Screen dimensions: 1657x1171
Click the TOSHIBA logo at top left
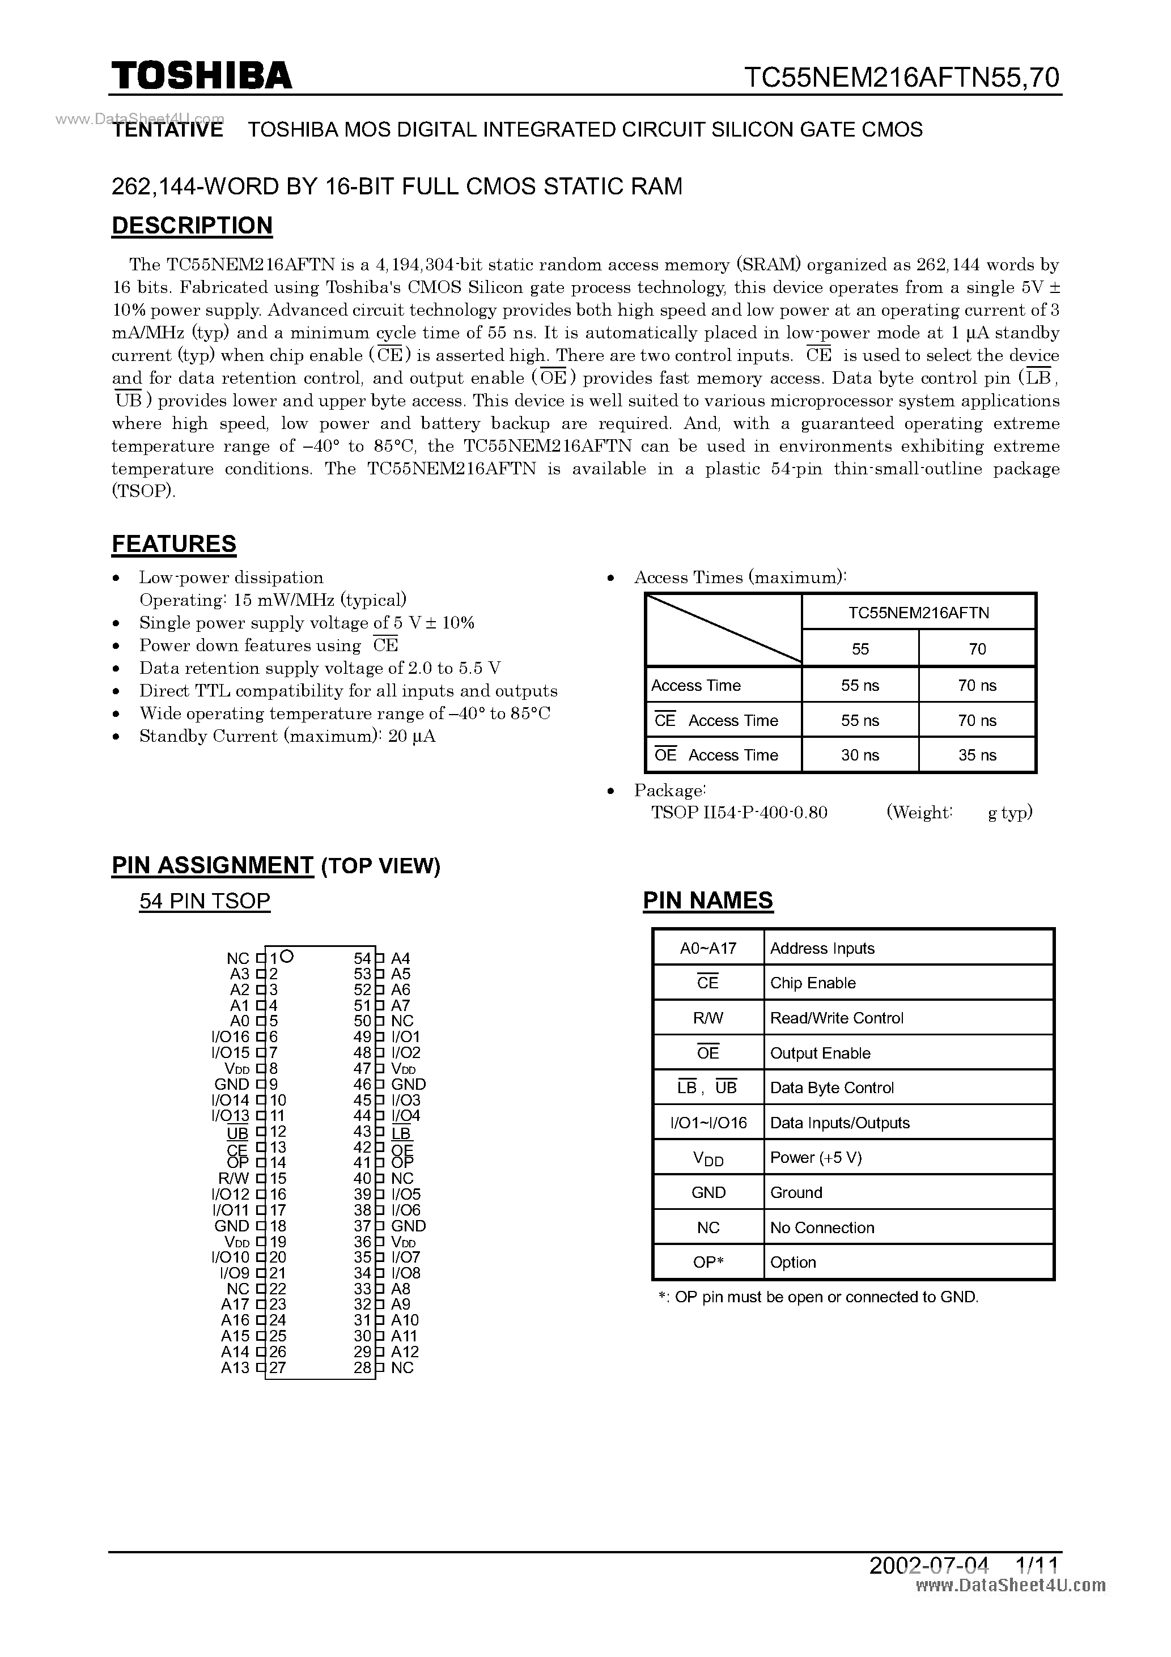point(201,76)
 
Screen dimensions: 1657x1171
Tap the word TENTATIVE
point(168,130)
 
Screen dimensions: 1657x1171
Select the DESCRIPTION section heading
point(192,225)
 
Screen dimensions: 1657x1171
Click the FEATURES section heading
point(174,543)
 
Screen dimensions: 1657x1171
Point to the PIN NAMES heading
point(707,900)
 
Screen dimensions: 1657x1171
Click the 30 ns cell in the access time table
point(859,755)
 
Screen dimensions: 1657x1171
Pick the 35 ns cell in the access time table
point(977,755)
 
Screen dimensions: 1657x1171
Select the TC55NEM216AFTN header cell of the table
point(918,613)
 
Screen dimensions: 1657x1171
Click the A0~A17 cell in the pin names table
point(707,948)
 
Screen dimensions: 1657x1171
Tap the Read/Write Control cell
point(836,1018)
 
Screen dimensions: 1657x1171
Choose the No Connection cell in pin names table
point(822,1227)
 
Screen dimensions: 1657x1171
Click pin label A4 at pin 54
point(400,958)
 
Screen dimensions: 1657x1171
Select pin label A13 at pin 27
point(235,1367)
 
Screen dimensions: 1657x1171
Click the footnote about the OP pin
point(818,1297)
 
